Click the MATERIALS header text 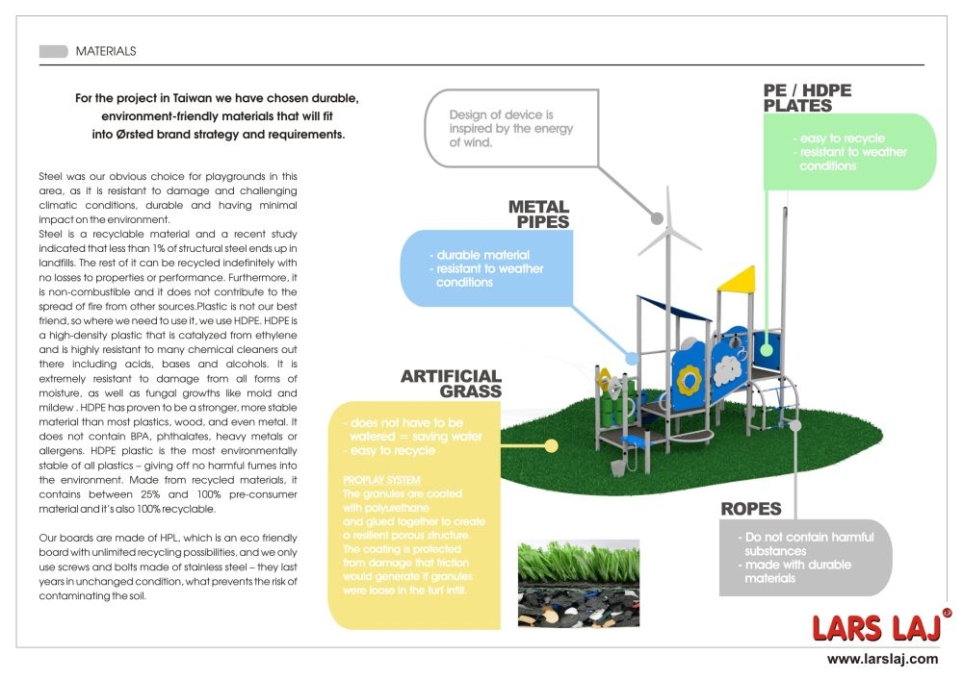coord(106,51)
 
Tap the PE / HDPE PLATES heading coord(807,98)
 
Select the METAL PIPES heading coord(538,214)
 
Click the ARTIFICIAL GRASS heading coord(451,383)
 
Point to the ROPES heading coord(750,509)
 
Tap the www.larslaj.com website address coord(882,659)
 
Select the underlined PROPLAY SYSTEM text coord(382,479)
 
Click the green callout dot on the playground coord(768,337)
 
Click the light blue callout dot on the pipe coord(632,358)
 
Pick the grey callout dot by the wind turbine coord(662,218)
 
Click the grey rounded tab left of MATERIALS coord(53,51)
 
